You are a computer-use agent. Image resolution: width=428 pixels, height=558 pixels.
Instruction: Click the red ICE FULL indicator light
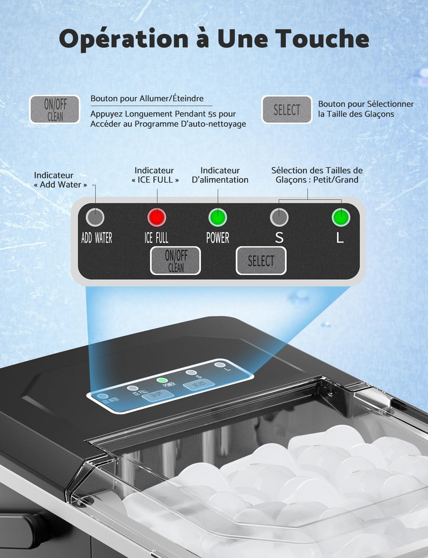[157, 217]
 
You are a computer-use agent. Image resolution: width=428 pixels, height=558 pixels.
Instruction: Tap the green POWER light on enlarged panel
[218, 217]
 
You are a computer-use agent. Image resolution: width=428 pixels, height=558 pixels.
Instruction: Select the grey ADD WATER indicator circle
[95, 217]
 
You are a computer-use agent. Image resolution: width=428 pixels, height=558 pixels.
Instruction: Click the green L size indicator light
[341, 217]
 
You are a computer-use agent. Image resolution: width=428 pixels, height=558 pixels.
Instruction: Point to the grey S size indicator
[279, 217]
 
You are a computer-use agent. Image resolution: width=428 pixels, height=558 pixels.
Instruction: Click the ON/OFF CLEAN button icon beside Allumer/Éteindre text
[55, 109]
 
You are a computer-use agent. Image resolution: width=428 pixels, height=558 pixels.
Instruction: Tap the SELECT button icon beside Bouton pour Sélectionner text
[287, 110]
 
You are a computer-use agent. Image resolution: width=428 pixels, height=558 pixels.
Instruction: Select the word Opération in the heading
[124, 39]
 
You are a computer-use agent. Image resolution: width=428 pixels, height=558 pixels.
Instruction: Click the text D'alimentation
[220, 180]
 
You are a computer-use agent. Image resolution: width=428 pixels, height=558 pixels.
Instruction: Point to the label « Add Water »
[61, 185]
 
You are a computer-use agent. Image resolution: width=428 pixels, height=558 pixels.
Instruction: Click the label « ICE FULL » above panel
[155, 180]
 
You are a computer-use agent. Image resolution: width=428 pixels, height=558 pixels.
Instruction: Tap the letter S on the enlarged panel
[279, 238]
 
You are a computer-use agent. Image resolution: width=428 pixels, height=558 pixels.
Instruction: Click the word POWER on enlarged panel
[218, 238]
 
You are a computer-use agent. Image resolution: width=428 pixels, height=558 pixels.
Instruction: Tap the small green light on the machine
[162, 380]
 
